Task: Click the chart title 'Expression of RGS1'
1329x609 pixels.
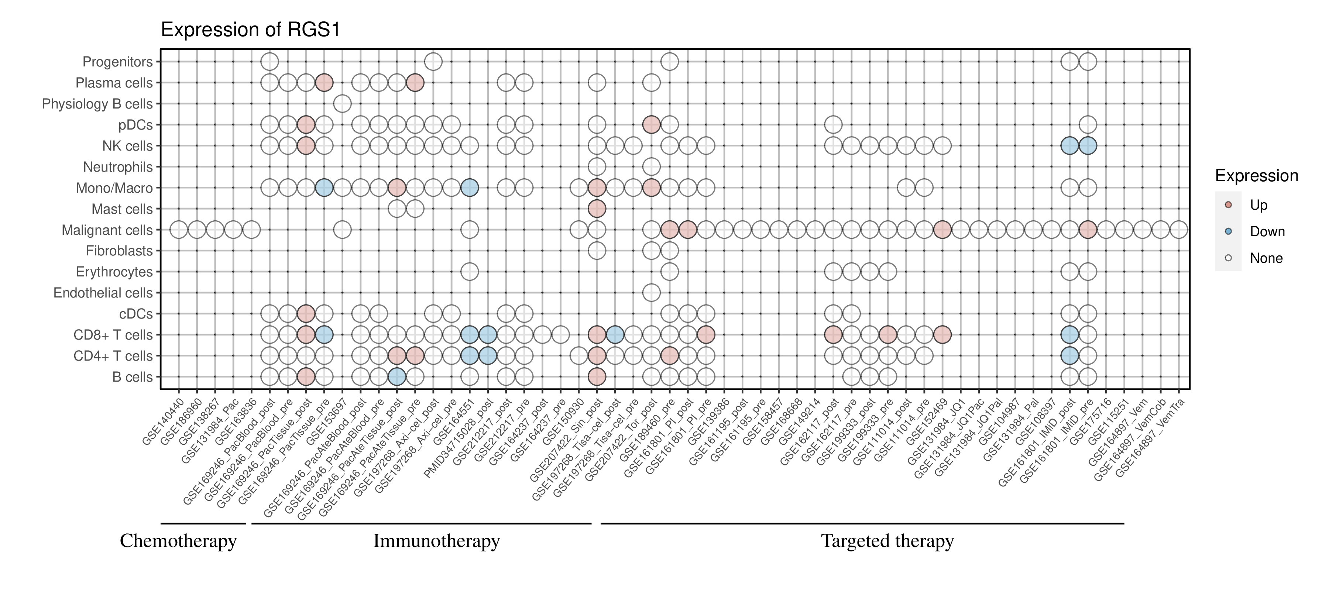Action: [x=251, y=30]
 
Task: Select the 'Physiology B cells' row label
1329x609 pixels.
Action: [x=97, y=104]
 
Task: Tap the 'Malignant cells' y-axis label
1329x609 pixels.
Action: [x=107, y=230]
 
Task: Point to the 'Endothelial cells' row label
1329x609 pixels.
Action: [x=103, y=293]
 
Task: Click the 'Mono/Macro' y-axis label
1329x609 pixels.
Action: [x=114, y=188]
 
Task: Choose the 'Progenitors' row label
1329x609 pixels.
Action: [x=118, y=62]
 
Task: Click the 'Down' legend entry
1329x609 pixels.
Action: [x=1267, y=231]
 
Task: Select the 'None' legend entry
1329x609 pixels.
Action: [x=1266, y=258]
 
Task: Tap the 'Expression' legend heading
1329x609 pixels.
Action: [x=1256, y=176]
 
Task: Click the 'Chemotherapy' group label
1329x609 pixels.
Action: [x=178, y=541]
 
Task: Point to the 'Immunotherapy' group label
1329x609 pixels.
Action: [x=436, y=541]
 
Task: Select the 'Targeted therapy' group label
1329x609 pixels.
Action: [x=887, y=541]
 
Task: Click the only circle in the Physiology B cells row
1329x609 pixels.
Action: [x=342, y=104]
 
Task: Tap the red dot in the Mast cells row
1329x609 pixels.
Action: [x=597, y=209]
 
